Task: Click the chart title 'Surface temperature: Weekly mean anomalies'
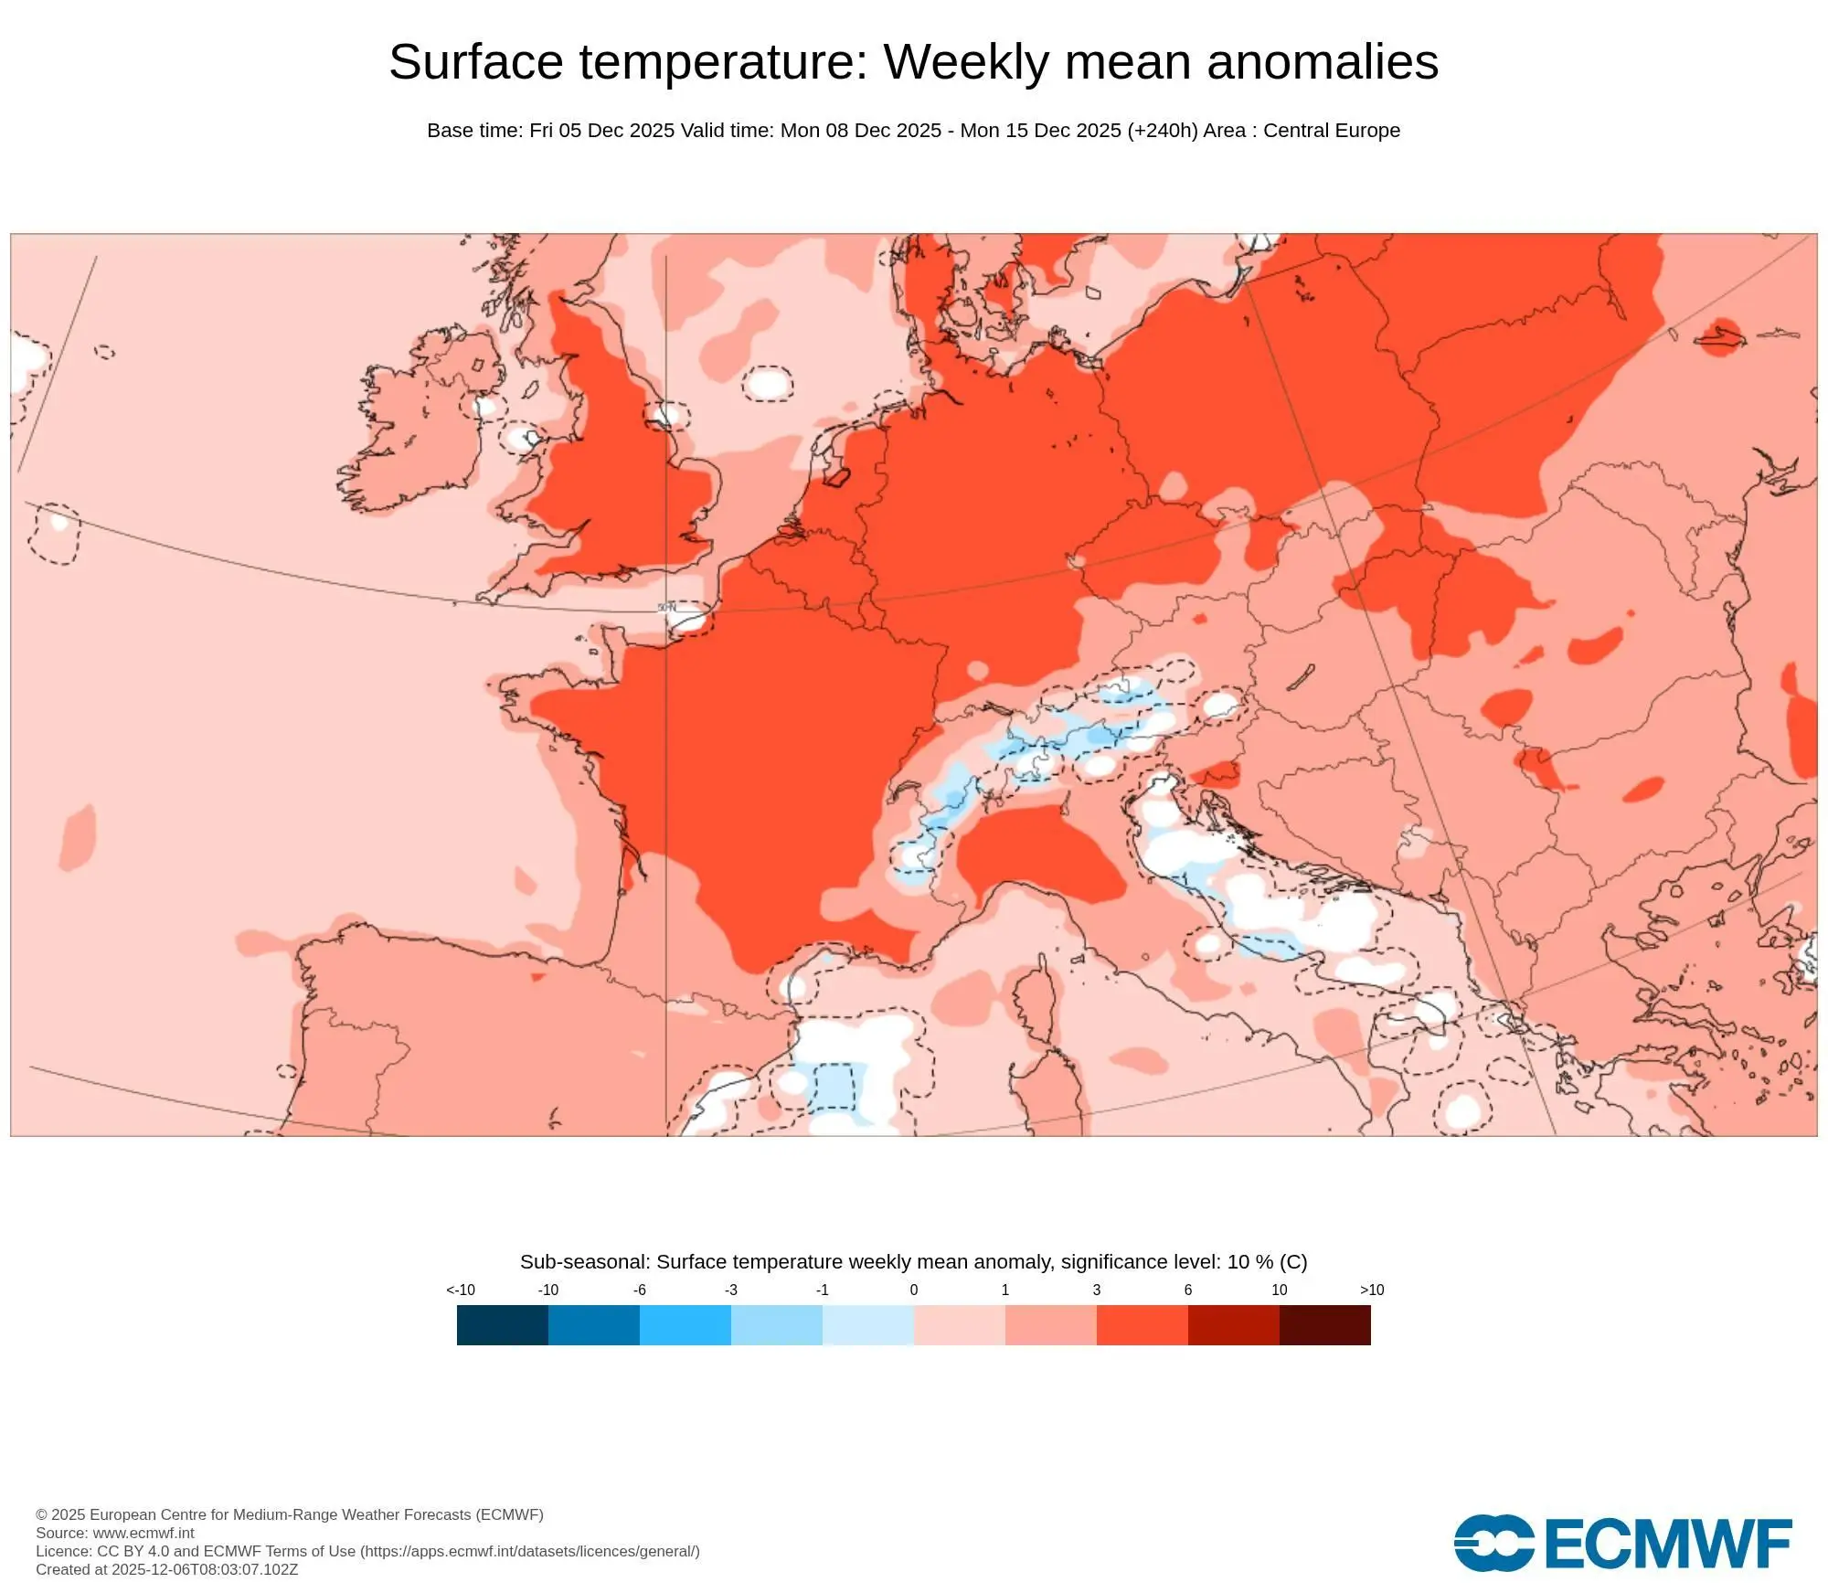pos(913,62)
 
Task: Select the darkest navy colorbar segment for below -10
pos(502,1324)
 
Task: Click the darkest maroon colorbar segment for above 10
pos(1324,1324)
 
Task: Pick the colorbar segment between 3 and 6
pos(1142,1324)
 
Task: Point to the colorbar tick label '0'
pos(913,1290)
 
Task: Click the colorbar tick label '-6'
pos(639,1290)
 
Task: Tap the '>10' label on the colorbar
pos(1371,1290)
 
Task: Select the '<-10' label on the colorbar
pos(461,1290)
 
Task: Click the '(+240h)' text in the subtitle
pos(1162,131)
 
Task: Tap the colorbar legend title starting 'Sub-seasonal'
pos(913,1261)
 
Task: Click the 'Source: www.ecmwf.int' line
pos(115,1533)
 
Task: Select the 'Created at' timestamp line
pos(166,1569)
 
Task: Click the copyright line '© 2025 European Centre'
pos(289,1514)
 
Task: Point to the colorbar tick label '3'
pos(1096,1290)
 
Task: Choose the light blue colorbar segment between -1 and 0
pos(867,1324)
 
